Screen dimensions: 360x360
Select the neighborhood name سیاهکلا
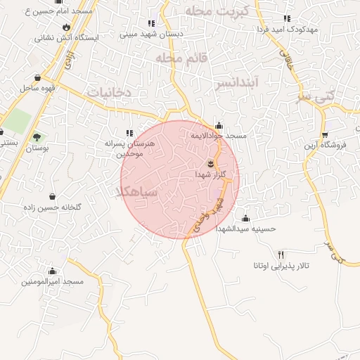click(138, 191)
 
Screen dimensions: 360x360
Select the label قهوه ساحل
click(37, 88)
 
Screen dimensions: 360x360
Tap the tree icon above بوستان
click(37, 137)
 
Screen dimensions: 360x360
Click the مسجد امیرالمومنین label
click(52, 281)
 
